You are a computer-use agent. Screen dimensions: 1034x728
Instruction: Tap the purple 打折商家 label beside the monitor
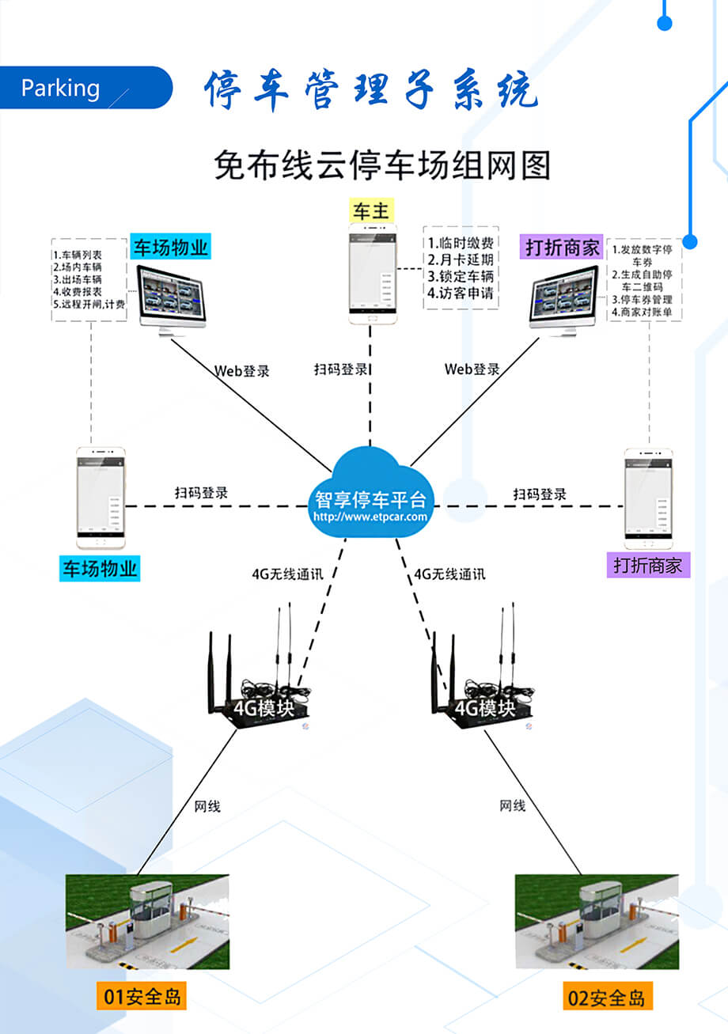point(561,247)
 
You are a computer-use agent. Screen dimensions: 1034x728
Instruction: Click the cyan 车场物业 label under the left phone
point(100,568)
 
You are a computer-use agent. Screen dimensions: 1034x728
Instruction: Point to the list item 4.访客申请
point(461,294)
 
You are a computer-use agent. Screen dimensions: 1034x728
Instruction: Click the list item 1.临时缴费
point(461,243)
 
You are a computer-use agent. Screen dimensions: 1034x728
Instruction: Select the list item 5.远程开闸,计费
point(89,304)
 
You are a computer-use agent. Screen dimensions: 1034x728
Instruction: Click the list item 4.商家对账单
point(642,313)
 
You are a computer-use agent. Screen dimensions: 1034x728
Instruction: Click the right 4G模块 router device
point(483,696)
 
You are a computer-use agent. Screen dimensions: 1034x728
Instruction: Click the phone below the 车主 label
point(370,273)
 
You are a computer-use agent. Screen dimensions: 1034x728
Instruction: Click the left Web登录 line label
point(241,370)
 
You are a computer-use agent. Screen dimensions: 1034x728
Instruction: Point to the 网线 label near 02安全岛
point(512,805)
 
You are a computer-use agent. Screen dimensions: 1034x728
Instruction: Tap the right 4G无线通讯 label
point(449,574)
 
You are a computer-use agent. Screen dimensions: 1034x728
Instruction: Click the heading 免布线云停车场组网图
point(381,165)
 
